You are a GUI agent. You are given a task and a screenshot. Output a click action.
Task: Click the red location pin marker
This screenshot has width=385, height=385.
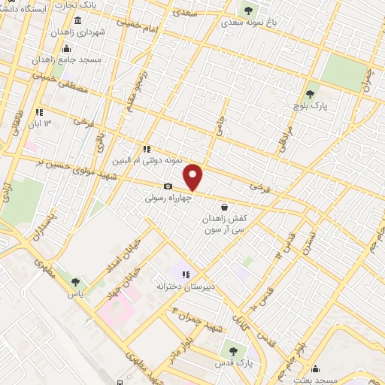click(194, 177)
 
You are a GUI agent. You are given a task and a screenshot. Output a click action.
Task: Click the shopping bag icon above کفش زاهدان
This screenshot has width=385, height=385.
click(224, 206)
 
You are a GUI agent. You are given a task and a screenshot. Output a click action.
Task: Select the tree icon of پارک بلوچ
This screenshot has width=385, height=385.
click(310, 94)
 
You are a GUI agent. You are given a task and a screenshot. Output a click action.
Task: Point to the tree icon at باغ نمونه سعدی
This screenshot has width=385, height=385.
click(248, 11)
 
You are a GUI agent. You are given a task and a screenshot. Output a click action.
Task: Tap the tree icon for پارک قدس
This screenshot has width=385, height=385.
click(232, 350)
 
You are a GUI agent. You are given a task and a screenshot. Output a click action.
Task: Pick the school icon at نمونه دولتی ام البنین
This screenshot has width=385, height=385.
click(147, 149)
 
